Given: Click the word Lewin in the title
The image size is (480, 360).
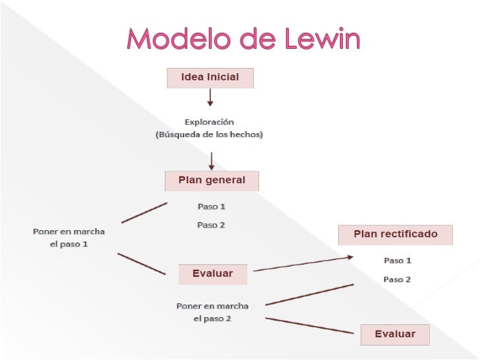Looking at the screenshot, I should point(324,41).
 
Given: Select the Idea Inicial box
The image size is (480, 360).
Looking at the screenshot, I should point(210,78).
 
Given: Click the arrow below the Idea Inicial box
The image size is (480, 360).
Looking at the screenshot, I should point(210,98).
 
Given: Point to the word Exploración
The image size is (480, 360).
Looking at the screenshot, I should point(209,122).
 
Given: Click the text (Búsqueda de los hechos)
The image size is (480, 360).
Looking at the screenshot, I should point(209,135).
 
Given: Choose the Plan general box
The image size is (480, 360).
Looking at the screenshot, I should point(212,180).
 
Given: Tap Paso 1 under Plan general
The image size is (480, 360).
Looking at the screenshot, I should point(212,206).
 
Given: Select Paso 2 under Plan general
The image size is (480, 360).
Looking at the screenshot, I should point(212,225).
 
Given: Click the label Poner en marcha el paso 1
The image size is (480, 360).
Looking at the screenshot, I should point(69,238).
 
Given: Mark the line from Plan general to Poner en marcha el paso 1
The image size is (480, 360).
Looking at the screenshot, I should point(144,212).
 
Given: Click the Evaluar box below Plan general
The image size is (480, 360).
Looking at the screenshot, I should point(212,274).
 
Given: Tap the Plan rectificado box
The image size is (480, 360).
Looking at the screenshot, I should point(396,234).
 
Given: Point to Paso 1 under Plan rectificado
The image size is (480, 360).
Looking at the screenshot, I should point(398,260).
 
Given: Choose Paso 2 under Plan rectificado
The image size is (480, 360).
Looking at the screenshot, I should point(398,280).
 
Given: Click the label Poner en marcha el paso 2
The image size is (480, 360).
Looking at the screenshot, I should point(212,313).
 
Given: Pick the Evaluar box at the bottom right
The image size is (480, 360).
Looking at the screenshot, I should point(395,334).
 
